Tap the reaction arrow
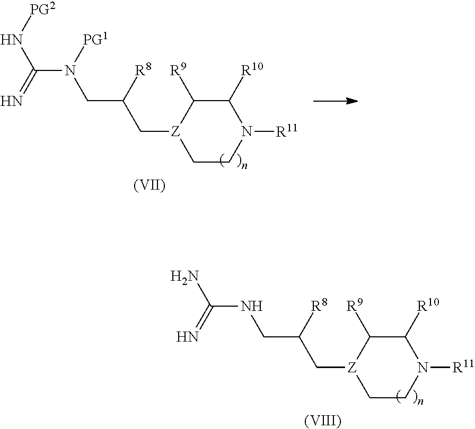pyautogui.click(x=335, y=100)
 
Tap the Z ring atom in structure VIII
pyautogui.click(x=351, y=367)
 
